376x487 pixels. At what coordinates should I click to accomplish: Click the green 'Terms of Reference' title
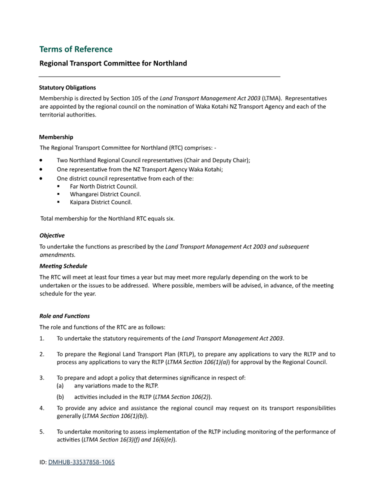tap(76, 49)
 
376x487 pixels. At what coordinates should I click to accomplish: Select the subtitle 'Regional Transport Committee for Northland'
tap(113, 63)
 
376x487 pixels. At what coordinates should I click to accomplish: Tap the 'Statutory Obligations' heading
tap(67, 88)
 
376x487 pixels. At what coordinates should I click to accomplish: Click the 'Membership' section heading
tap(56, 137)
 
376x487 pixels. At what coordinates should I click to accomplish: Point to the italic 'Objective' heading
tap(52, 236)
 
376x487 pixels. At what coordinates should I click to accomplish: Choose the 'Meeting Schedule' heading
tap(63, 266)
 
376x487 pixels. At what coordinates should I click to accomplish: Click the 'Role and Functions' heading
tap(65, 316)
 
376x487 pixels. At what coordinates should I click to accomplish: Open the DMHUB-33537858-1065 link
tap(81, 462)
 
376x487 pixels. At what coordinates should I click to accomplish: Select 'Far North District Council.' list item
tap(103, 186)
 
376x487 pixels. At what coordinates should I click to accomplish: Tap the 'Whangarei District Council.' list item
tap(105, 194)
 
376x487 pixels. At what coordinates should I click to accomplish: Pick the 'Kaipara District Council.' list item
tap(101, 202)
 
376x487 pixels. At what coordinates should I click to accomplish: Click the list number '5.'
tap(42, 432)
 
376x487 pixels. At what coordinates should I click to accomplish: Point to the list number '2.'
tap(42, 354)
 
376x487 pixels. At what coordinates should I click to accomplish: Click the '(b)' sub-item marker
tap(60, 397)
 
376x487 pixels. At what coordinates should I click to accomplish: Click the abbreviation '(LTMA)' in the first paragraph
tap(272, 98)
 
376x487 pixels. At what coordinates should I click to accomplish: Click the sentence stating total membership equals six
tap(108, 219)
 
